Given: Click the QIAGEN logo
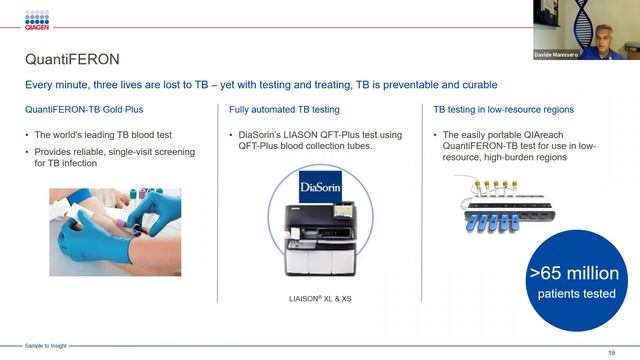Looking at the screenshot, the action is click(x=37, y=20).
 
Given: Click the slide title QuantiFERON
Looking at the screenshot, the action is click(x=72, y=59).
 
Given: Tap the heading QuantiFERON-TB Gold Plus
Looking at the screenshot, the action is click(x=84, y=109).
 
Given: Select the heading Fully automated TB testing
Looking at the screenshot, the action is click(x=284, y=109).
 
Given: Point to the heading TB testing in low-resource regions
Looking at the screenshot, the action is click(x=504, y=109).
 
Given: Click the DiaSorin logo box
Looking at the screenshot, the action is click(x=320, y=187).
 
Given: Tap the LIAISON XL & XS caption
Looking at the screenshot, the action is click(x=320, y=299).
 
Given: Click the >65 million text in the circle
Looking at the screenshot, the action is click(x=574, y=273).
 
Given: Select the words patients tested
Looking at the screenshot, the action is click(x=576, y=294).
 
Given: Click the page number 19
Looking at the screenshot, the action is click(x=611, y=353).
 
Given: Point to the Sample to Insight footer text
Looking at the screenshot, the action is click(x=45, y=346).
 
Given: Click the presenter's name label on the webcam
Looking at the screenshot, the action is click(x=556, y=55).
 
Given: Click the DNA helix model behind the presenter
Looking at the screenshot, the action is click(x=582, y=24).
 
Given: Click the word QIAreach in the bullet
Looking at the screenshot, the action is click(x=543, y=135).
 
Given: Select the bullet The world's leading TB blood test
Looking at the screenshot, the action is click(x=103, y=135).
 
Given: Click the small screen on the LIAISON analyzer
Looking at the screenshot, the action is click(x=343, y=211).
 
